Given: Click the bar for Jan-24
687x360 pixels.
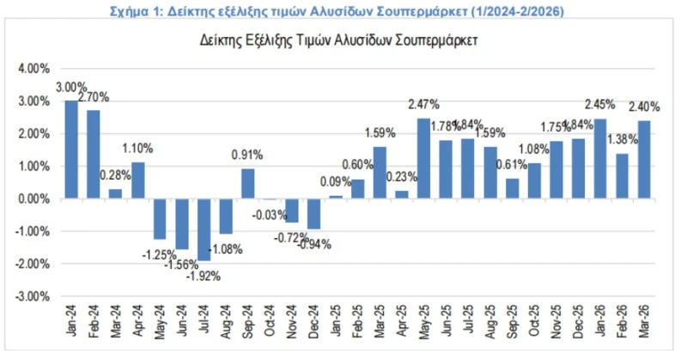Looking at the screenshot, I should coord(71,149).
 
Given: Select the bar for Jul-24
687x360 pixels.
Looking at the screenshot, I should coord(204,229).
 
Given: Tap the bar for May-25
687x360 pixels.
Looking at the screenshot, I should coord(423,158).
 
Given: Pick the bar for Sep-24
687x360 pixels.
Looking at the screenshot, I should coord(247,184).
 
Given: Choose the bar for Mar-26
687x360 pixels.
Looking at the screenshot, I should coord(644,160).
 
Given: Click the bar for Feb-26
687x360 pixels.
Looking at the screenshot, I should coord(622,176).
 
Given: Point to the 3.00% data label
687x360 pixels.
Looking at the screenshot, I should coord(71,87).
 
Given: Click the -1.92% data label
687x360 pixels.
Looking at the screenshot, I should coord(207,276).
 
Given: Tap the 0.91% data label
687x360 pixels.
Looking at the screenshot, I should coord(247,156).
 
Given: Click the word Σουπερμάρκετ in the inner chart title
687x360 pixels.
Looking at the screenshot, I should coord(430,40).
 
